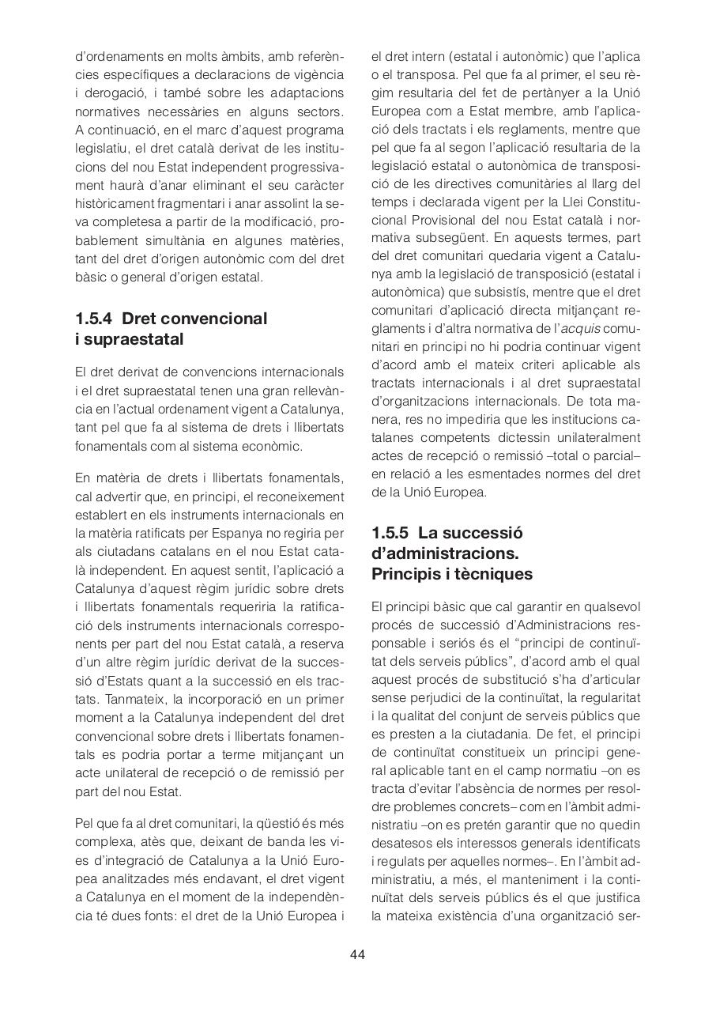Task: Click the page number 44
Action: (357, 954)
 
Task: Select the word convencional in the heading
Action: (217, 319)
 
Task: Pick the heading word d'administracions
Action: (445, 553)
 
